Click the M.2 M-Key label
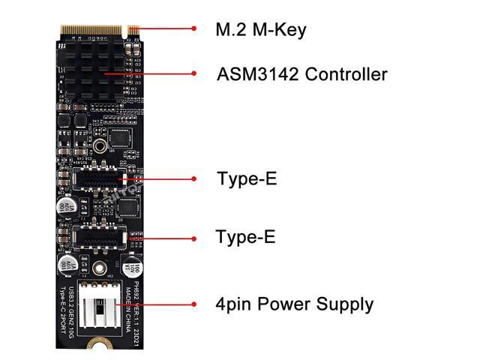261,30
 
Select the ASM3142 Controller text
301,74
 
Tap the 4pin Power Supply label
294,304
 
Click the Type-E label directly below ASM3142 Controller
246,179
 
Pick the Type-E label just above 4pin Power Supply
245,238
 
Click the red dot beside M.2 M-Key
194,30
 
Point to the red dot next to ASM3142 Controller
194,74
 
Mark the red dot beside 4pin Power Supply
194,304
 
